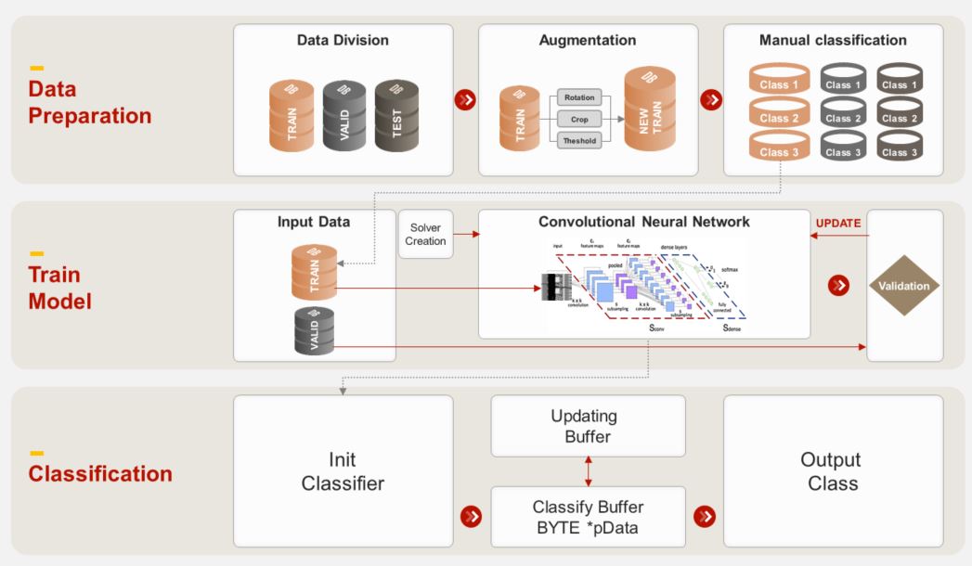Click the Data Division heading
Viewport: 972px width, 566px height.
[343, 40]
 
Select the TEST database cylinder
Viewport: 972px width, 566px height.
[396, 116]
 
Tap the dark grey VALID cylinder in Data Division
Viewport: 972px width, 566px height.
[344, 116]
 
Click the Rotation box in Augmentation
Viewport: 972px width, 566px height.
[580, 97]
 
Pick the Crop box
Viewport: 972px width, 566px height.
[580, 120]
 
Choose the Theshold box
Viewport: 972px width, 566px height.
[580, 141]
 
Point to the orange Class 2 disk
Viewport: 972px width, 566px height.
[779, 118]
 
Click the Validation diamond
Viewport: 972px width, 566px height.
[904, 286]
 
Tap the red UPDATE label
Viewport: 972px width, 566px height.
[837, 224]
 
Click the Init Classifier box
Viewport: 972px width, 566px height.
[343, 471]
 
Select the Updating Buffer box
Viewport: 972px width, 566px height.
[588, 426]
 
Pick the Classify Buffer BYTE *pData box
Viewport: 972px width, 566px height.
[588, 517]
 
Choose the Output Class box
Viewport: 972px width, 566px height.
[830, 471]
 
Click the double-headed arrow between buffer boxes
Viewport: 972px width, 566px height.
[588, 471]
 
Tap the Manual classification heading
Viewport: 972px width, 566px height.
[833, 40]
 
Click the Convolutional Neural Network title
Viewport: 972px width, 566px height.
[643, 222]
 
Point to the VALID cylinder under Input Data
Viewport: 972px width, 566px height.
[314, 330]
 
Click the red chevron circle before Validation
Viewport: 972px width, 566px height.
[838, 286]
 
